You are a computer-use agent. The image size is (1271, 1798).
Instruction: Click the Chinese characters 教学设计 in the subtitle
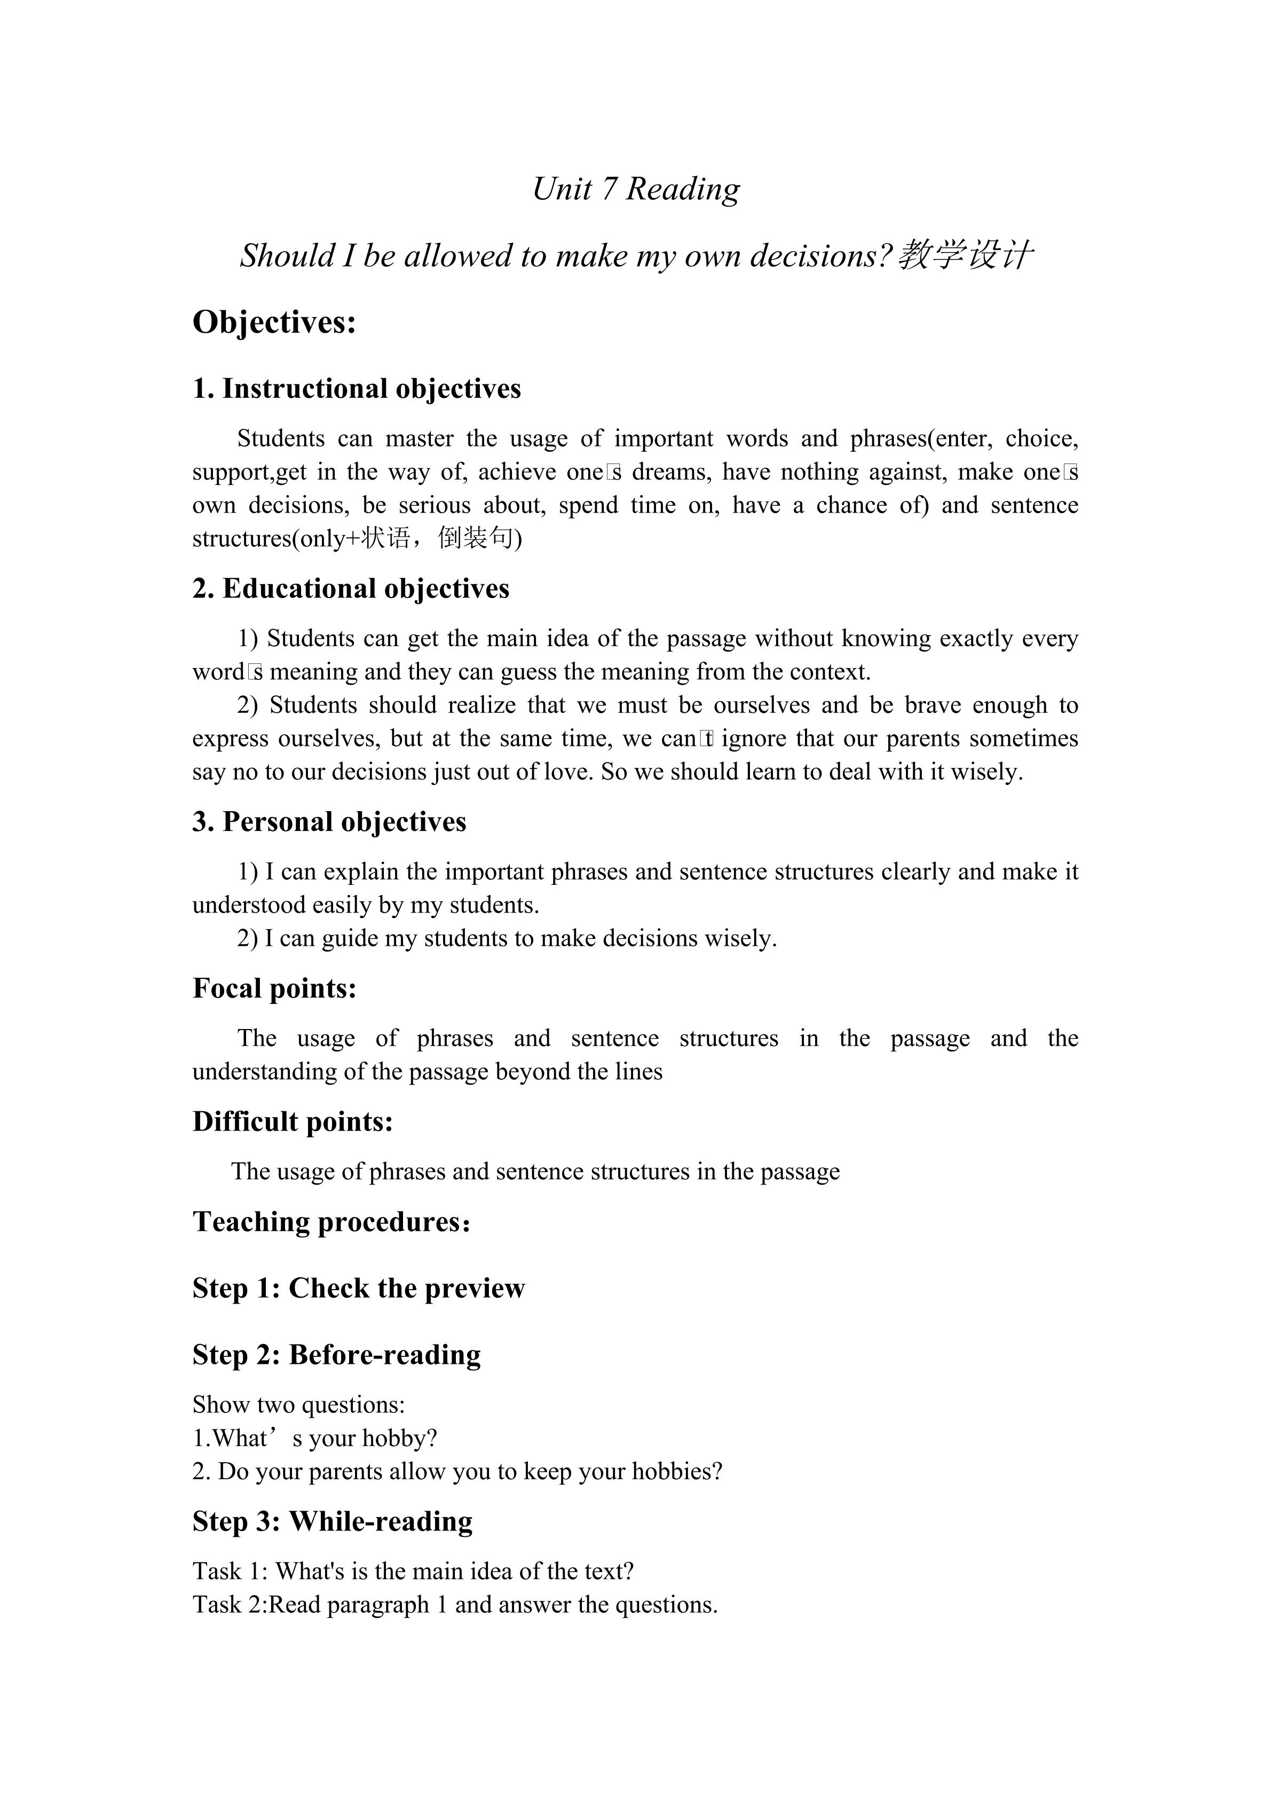(x=966, y=255)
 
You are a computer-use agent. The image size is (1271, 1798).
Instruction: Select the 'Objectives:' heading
(x=274, y=322)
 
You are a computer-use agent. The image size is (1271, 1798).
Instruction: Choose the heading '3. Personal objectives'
(x=329, y=821)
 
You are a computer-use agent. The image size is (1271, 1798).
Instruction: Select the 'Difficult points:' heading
(x=292, y=1121)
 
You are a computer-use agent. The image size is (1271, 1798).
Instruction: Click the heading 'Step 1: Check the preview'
(x=358, y=1288)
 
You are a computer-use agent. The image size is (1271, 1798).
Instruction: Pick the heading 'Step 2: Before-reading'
(x=336, y=1355)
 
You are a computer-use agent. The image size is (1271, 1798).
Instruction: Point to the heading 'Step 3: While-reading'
(x=332, y=1521)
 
